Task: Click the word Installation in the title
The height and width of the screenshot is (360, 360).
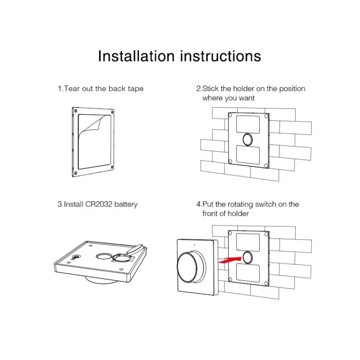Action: (136, 56)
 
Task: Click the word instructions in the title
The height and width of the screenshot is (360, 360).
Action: (220, 56)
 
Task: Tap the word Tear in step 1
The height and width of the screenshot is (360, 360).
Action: (72, 89)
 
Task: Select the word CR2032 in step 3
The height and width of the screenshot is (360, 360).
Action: (99, 204)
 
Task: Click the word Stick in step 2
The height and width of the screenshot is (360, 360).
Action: (211, 89)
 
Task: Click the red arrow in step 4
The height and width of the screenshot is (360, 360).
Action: (229, 261)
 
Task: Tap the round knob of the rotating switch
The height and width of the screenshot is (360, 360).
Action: (189, 267)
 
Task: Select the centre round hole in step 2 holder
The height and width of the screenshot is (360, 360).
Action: (248, 139)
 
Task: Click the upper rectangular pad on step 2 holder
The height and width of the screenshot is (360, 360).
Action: (248, 124)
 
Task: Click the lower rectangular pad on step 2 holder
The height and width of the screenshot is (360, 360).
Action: (248, 155)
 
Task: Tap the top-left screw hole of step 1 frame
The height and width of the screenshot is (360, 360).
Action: (76, 111)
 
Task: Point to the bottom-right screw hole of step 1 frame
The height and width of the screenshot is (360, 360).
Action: (112, 167)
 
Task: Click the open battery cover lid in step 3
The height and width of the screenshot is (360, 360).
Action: (136, 249)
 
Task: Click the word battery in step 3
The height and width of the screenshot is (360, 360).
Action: (126, 204)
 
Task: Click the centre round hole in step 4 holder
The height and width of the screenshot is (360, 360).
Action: (248, 257)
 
